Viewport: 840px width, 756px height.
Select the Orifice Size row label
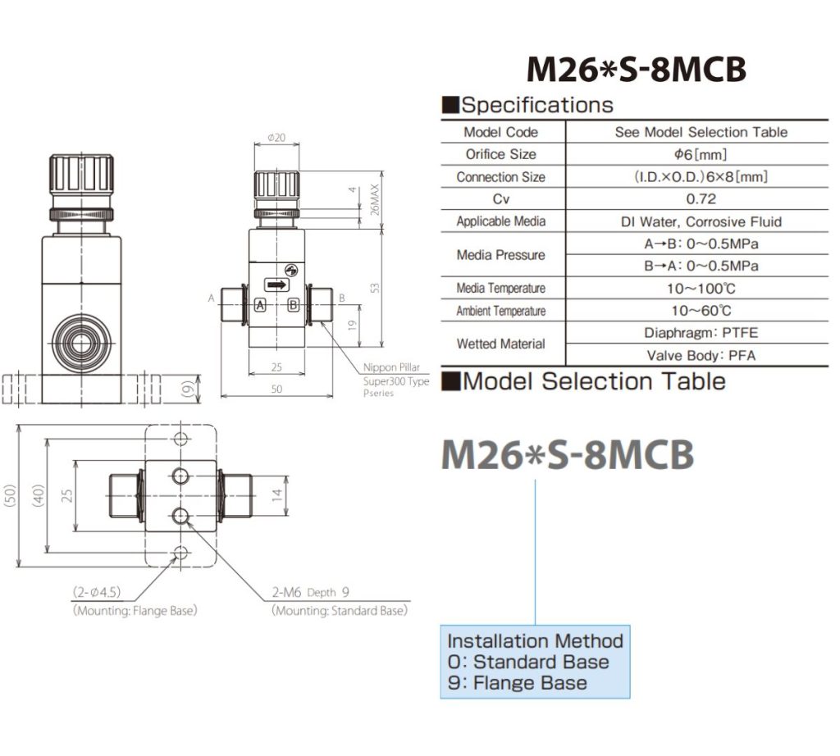point(500,154)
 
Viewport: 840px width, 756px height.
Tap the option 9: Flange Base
point(517,682)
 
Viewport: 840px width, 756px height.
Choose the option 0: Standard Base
point(528,662)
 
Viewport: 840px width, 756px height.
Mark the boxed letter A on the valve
point(260,304)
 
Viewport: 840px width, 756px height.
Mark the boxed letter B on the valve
point(294,304)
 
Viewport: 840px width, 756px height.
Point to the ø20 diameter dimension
point(276,138)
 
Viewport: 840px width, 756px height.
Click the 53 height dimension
point(375,288)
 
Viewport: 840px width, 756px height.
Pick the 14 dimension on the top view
point(277,494)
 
